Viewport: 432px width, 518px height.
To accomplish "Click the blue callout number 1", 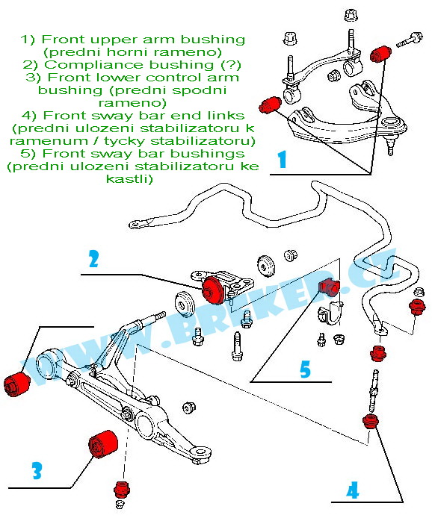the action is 282,159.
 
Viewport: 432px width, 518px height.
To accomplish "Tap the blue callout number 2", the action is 94,259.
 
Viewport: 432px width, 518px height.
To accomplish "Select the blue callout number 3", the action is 37,470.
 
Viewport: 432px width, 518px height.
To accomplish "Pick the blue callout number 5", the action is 305,369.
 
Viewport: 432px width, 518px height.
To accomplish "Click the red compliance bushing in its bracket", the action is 214,290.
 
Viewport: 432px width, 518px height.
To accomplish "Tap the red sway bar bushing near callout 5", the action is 328,286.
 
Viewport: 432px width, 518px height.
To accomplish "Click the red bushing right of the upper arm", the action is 380,54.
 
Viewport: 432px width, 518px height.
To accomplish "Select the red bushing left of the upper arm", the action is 271,104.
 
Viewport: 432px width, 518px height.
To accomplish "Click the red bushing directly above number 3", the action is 103,444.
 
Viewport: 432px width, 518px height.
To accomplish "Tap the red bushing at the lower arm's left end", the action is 16,383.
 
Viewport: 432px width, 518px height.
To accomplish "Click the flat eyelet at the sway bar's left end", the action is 135,225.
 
